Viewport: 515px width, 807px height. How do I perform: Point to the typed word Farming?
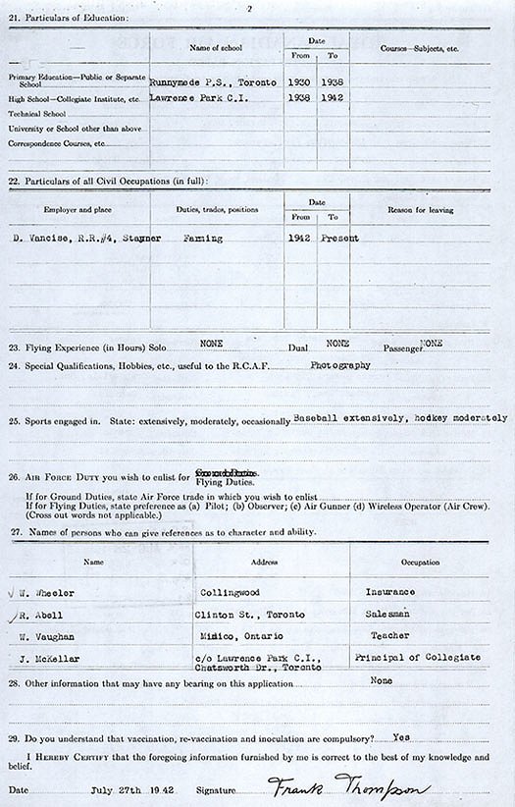[x=203, y=239]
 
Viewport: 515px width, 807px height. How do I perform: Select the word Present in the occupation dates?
[x=339, y=239]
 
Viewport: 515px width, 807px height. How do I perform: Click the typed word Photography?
[x=340, y=364]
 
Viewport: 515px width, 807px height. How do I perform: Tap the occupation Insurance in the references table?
[x=389, y=593]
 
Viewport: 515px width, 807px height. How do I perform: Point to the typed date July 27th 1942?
[x=130, y=788]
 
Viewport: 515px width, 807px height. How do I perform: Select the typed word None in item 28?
[x=382, y=680]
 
